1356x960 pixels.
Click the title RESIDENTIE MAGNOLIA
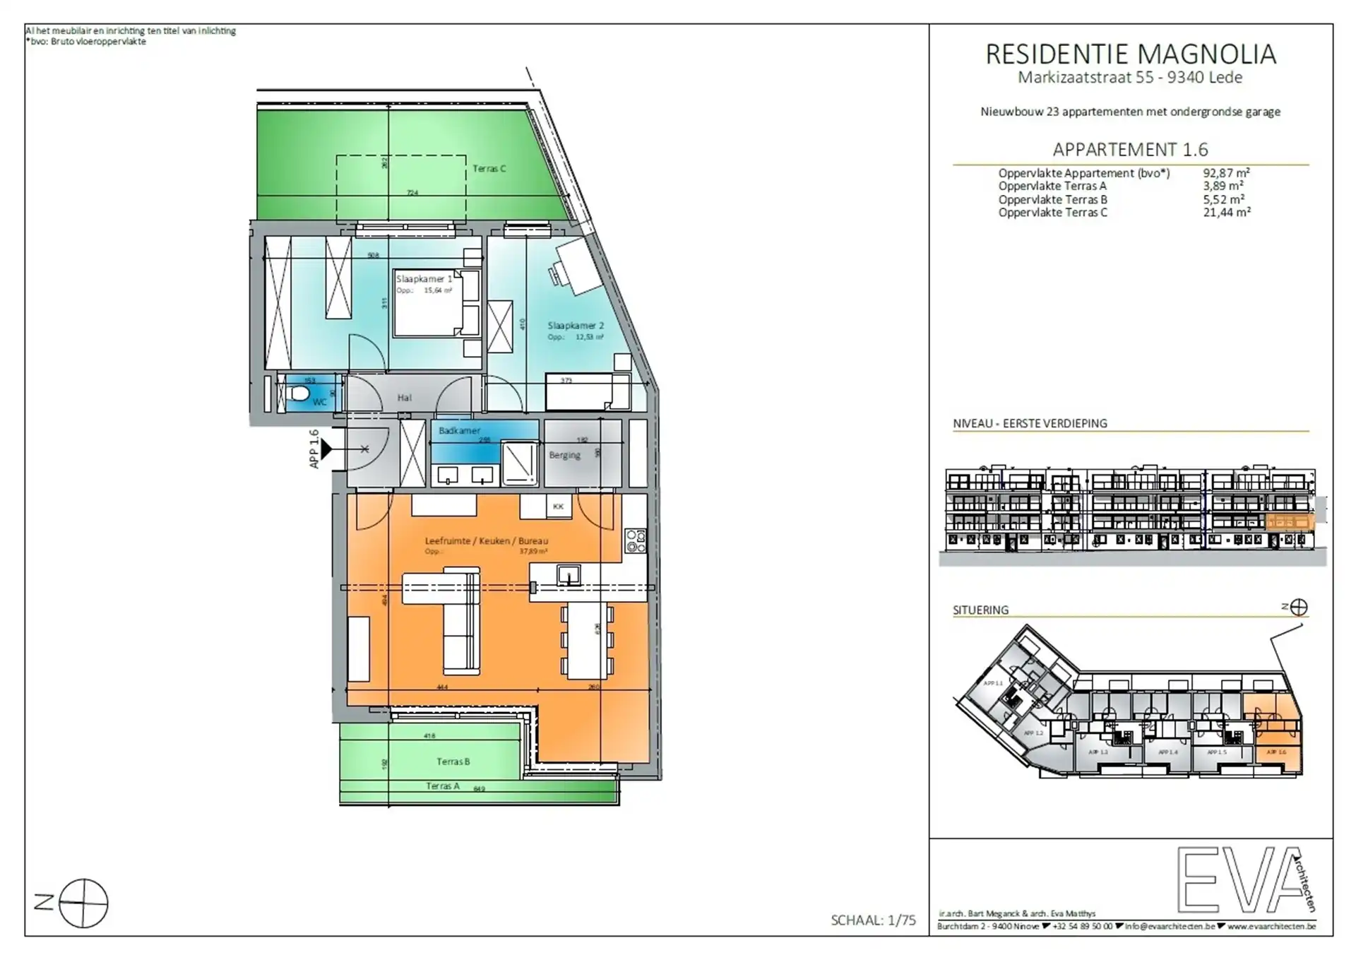[1130, 54]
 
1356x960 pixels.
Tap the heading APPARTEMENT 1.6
[1130, 150]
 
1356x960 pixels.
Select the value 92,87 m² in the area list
[1226, 173]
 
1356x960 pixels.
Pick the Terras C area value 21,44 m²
[1226, 213]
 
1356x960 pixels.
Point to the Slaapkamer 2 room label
[576, 326]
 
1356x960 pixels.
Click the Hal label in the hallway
[404, 398]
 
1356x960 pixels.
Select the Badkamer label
[459, 430]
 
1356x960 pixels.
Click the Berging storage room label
[564, 455]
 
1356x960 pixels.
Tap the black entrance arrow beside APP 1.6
[326, 449]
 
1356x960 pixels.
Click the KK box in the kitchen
[559, 506]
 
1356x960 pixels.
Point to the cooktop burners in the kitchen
[635, 540]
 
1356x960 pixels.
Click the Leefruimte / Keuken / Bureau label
[486, 541]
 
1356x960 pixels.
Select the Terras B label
[453, 762]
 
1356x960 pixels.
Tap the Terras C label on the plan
[489, 169]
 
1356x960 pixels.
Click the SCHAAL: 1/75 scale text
[873, 920]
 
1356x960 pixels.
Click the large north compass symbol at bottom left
[83, 903]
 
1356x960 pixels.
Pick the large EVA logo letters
[1239, 879]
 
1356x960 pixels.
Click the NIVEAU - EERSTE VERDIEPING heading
[1030, 424]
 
